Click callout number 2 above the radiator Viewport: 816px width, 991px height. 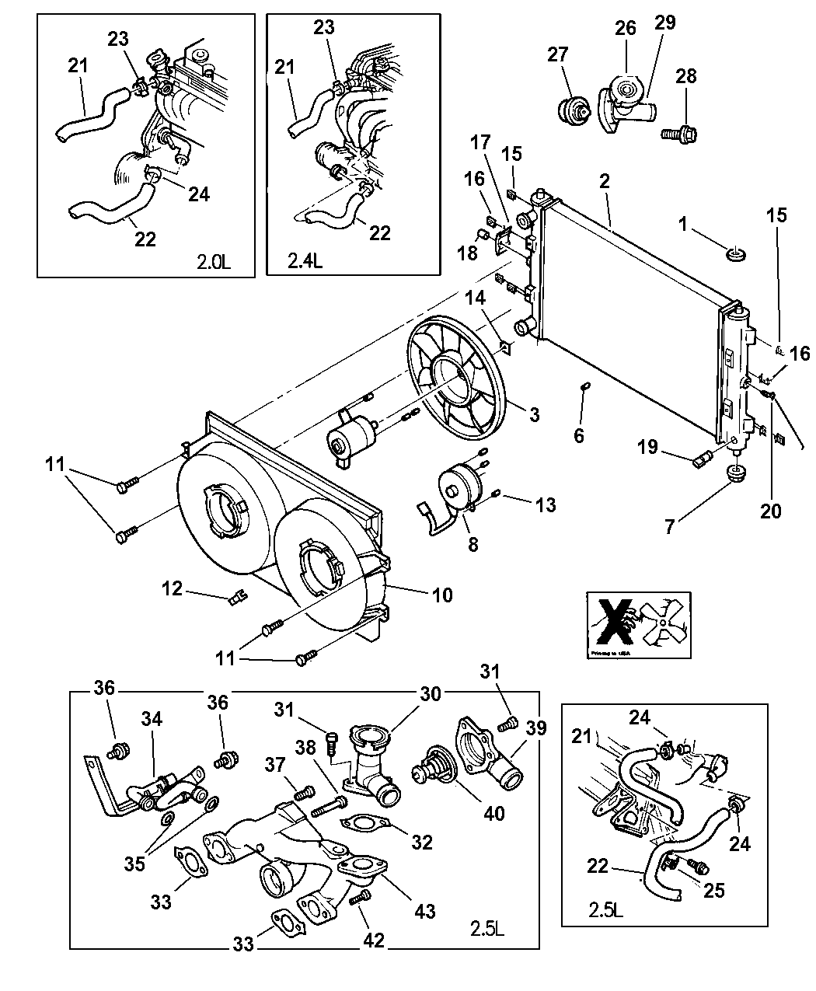point(605,181)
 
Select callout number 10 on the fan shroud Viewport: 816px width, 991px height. point(442,595)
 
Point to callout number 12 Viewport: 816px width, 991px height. point(173,588)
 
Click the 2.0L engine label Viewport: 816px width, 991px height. point(214,262)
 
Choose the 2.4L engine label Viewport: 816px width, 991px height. point(305,262)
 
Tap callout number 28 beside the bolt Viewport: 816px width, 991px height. point(686,77)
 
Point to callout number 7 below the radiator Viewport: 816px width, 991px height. point(669,527)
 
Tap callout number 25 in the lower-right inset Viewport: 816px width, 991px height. point(713,889)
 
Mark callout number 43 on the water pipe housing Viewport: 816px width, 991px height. point(424,911)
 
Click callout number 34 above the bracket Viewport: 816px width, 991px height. point(152,719)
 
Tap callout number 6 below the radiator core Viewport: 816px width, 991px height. point(579,435)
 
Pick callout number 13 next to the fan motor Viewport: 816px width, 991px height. point(546,505)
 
